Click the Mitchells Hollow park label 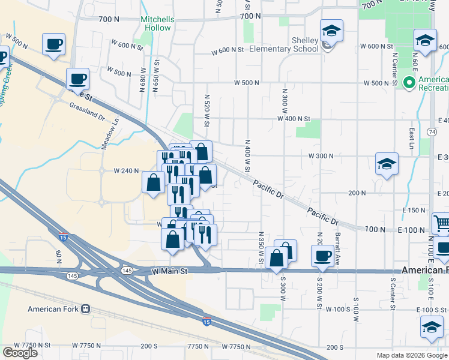pyautogui.click(x=157, y=23)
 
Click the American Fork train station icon pyautogui.click(x=85, y=309)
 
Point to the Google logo pyautogui.click(x=20, y=353)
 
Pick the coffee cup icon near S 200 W pyautogui.click(x=322, y=256)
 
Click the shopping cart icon pyautogui.click(x=441, y=223)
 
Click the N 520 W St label pyautogui.click(x=206, y=110)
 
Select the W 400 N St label pyautogui.click(x=293, y=120)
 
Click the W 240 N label pyautogui.click(x=127, y=171)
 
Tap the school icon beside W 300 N pyautogui.click(x=387, y=163)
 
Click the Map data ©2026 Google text pyautogui.click(x=411, y=355)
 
